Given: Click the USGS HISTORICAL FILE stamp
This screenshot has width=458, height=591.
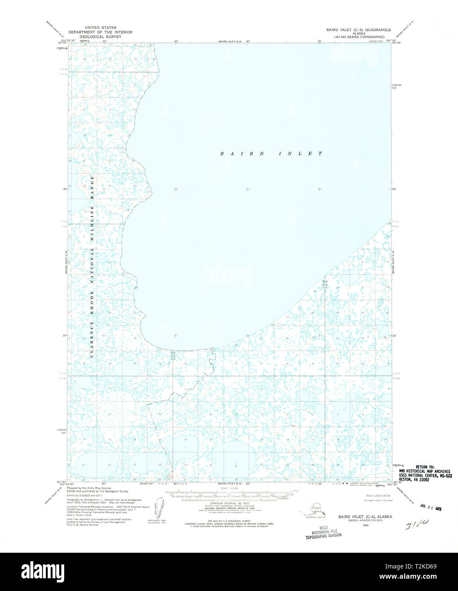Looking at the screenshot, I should (323, 532).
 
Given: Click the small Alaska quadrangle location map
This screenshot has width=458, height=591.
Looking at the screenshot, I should (316, 509).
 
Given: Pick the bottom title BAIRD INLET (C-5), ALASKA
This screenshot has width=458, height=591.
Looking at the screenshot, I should (365, 517).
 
